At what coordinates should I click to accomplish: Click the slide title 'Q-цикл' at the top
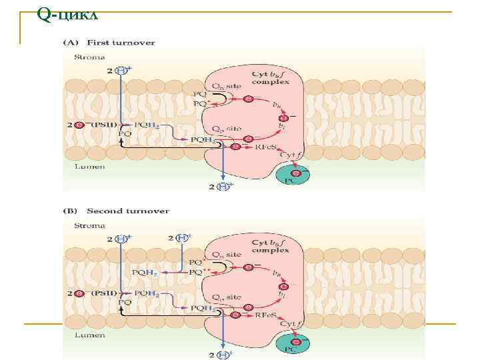[68, 14]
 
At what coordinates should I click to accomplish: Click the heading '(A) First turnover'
[109, 43]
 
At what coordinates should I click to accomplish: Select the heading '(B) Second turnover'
[116, 211]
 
